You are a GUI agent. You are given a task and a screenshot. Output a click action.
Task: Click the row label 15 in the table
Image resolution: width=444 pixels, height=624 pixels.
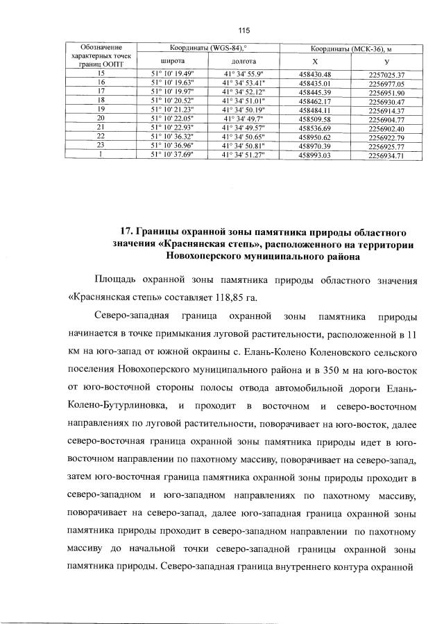click(101, 73)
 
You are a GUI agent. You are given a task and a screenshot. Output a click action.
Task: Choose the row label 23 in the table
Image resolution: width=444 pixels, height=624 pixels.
click(101, 146)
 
